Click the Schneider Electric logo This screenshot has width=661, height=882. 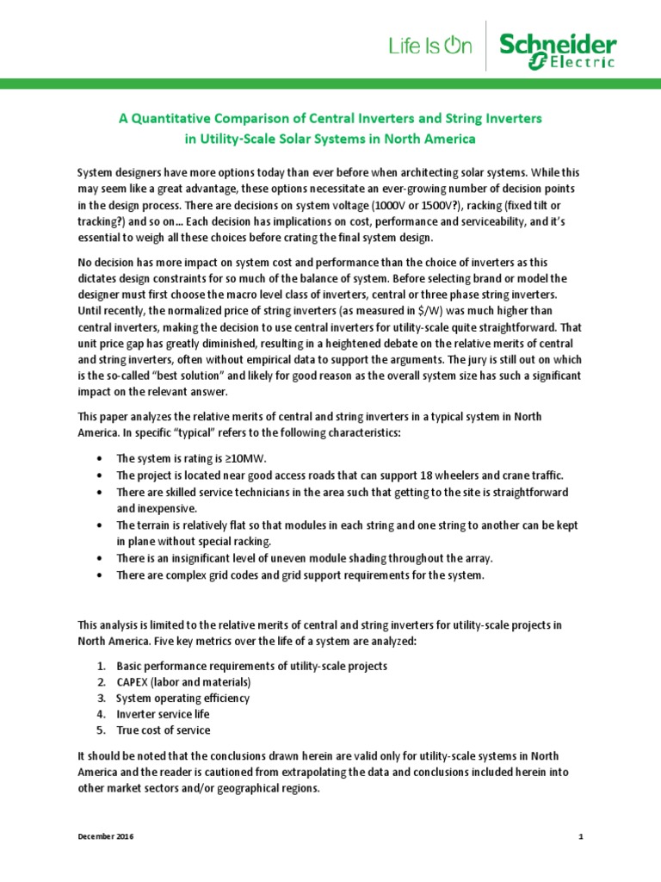point(559,51)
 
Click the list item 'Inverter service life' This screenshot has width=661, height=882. point(164,714)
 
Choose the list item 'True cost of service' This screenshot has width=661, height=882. point(164,730)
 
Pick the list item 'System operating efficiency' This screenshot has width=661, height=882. point(183,699)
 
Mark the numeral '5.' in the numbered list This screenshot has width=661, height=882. point(101,730)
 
